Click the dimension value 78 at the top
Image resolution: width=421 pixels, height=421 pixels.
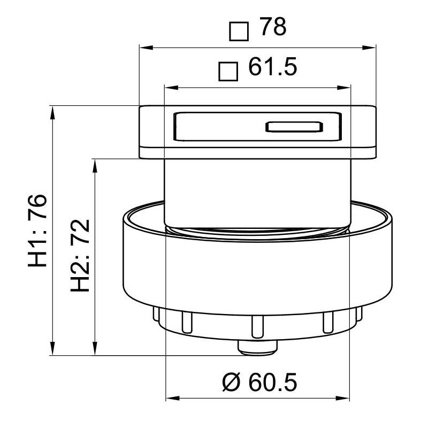(x=272, y=28)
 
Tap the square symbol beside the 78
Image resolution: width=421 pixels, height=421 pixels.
(x=239, y=31)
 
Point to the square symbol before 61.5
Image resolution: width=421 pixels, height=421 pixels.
(x=228, y=72)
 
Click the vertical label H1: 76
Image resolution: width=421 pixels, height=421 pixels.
(x=39, y=230)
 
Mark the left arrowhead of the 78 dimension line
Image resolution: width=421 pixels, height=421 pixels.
(x=143, y=47)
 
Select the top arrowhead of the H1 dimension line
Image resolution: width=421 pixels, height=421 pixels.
(x=52, y=111)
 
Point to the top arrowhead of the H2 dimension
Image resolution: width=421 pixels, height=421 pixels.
(x=95, y=163)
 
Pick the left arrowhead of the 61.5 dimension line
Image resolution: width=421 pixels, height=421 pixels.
(x=167, y=88)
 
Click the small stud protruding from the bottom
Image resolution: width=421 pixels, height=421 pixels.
(x=258, y=348)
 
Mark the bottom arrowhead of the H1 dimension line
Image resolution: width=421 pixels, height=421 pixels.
(x=52, y=350)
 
